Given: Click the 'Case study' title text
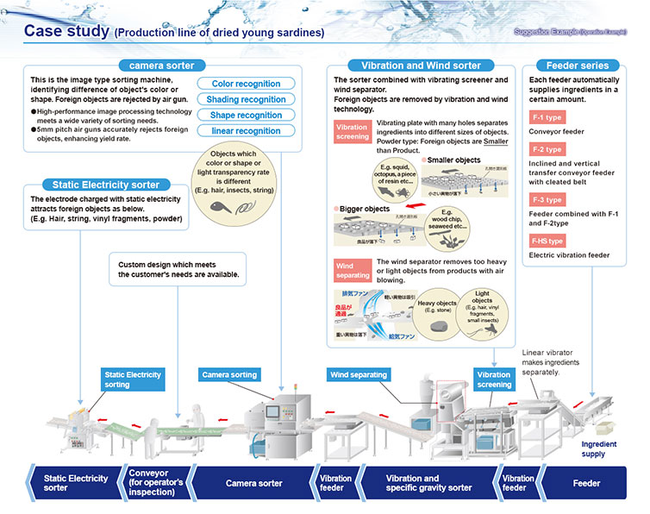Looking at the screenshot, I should (x=66, y=32).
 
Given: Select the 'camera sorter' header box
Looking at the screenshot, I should (x=161, y=66).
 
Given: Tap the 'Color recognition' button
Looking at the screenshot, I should (x=246, y=84).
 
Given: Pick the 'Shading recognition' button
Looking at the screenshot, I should (x=246, y=99).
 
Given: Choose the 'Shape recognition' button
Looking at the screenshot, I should (x=246, y=115).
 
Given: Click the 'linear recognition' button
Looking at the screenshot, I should (x=246, y=130).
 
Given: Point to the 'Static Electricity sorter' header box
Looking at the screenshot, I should (x=105, y=185).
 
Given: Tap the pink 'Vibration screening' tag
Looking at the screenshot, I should (x=352, y=131).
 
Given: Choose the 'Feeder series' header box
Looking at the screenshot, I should (x=577, y=66).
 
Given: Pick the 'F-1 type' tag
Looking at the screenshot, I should (x=547, y=116).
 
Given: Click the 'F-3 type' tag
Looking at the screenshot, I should (x=547, y=200).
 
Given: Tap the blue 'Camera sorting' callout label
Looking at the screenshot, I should (x=229, y=375).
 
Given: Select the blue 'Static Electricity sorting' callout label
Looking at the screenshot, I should (x=133, y=379).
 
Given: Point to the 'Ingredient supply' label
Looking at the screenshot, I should (x=599, y=449).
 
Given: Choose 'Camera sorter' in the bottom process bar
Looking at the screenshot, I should (x=253, y=483).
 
